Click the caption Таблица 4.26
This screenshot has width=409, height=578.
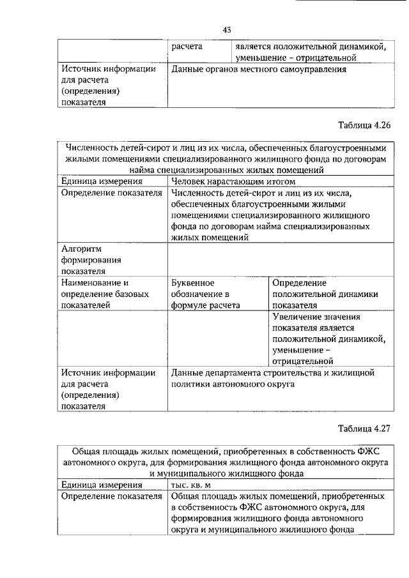(362, 125)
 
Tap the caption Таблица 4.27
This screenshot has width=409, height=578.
(362, 429)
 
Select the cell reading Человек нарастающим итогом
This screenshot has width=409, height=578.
(228, 182)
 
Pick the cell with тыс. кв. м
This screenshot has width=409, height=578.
(194, 485)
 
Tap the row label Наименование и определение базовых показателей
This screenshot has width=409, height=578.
(105, 294)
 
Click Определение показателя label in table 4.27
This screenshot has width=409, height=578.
(111, 496)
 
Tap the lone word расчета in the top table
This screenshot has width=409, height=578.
(187, 47)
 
